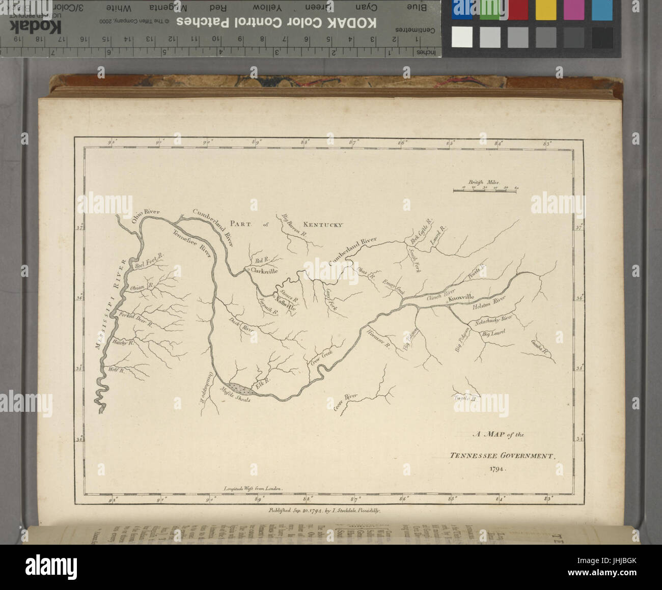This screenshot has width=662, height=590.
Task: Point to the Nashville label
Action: tap(285, 306)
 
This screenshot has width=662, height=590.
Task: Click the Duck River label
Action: tap(242, 326)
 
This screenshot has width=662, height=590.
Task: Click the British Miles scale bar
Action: tap(484, 190)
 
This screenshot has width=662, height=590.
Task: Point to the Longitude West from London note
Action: tap(253, 488)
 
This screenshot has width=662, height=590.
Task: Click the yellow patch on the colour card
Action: tap(545, 10)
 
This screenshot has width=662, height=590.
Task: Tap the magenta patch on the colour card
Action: tap(574, 10)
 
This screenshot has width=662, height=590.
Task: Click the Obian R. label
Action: tap(138, 288)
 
